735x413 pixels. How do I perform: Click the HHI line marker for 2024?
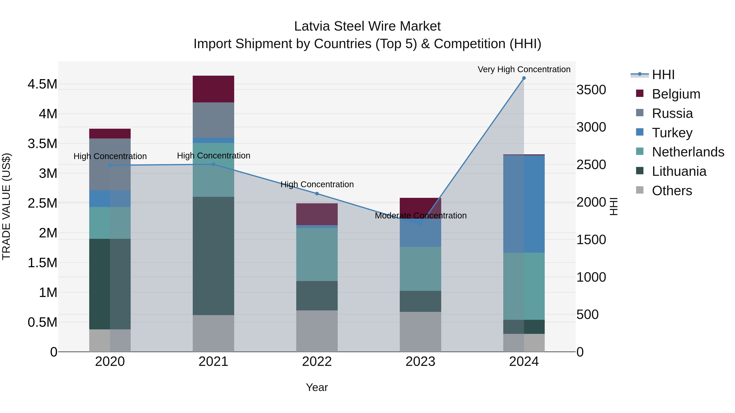tap(524, 78)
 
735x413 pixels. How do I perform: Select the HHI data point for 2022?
tap(317, 194)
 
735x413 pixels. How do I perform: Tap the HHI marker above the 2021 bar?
tap(213, 164)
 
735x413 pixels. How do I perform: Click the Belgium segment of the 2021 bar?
tap(213, 89)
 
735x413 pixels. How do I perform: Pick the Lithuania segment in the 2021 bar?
tap(213, 256)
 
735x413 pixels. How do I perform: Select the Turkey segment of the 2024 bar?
tap(524, 204)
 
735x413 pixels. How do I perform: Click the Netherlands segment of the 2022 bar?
tap(317, 254)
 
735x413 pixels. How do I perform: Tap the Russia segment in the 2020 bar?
tap(110, 164)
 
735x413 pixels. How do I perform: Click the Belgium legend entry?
tap(676, 94)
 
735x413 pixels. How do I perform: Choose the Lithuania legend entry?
tap(679, 171)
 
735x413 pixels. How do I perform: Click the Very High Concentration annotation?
tap(524, 69)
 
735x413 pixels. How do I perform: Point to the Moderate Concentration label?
tap(421, 216)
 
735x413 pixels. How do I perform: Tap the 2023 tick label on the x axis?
tap(420, 362)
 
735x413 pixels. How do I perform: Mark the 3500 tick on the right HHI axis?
tap(591, 90)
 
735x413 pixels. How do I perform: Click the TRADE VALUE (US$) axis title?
tap(6, 206)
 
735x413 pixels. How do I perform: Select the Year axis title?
tap(317, 387)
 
